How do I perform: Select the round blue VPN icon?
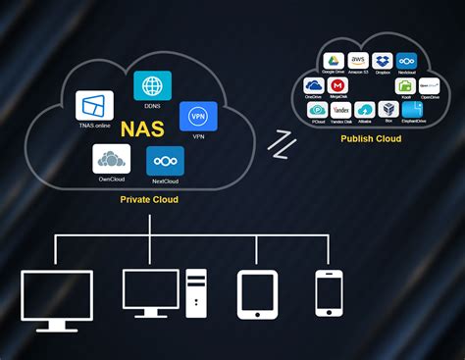pyautogui.click(x=198, y=117)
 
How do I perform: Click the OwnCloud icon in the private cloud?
pyautogui.click(x=111, y=158)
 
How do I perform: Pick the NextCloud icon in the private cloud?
pyautogui.click(x=165, y=161)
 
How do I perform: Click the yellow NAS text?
pyautogui.click(x=142, y=129)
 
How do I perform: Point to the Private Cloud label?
pyautogui.click(x=149, y=199)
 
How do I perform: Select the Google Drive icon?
pyautogui.click(x=333, y=61)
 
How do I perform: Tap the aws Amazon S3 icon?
pyautogui.click(x=358, y=61)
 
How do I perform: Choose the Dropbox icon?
pyautogui.click(x=383, y=61)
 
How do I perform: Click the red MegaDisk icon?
pyautogui.click(x=338, y=85)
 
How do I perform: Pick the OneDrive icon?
pyautogui.click(x=314, y=85)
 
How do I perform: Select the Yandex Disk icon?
pyautogui.click(x=341, y=110)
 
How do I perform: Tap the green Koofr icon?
pyautogui.click(x=405, y=85)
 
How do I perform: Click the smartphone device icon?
pyautogui.click(x=329, y=292)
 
